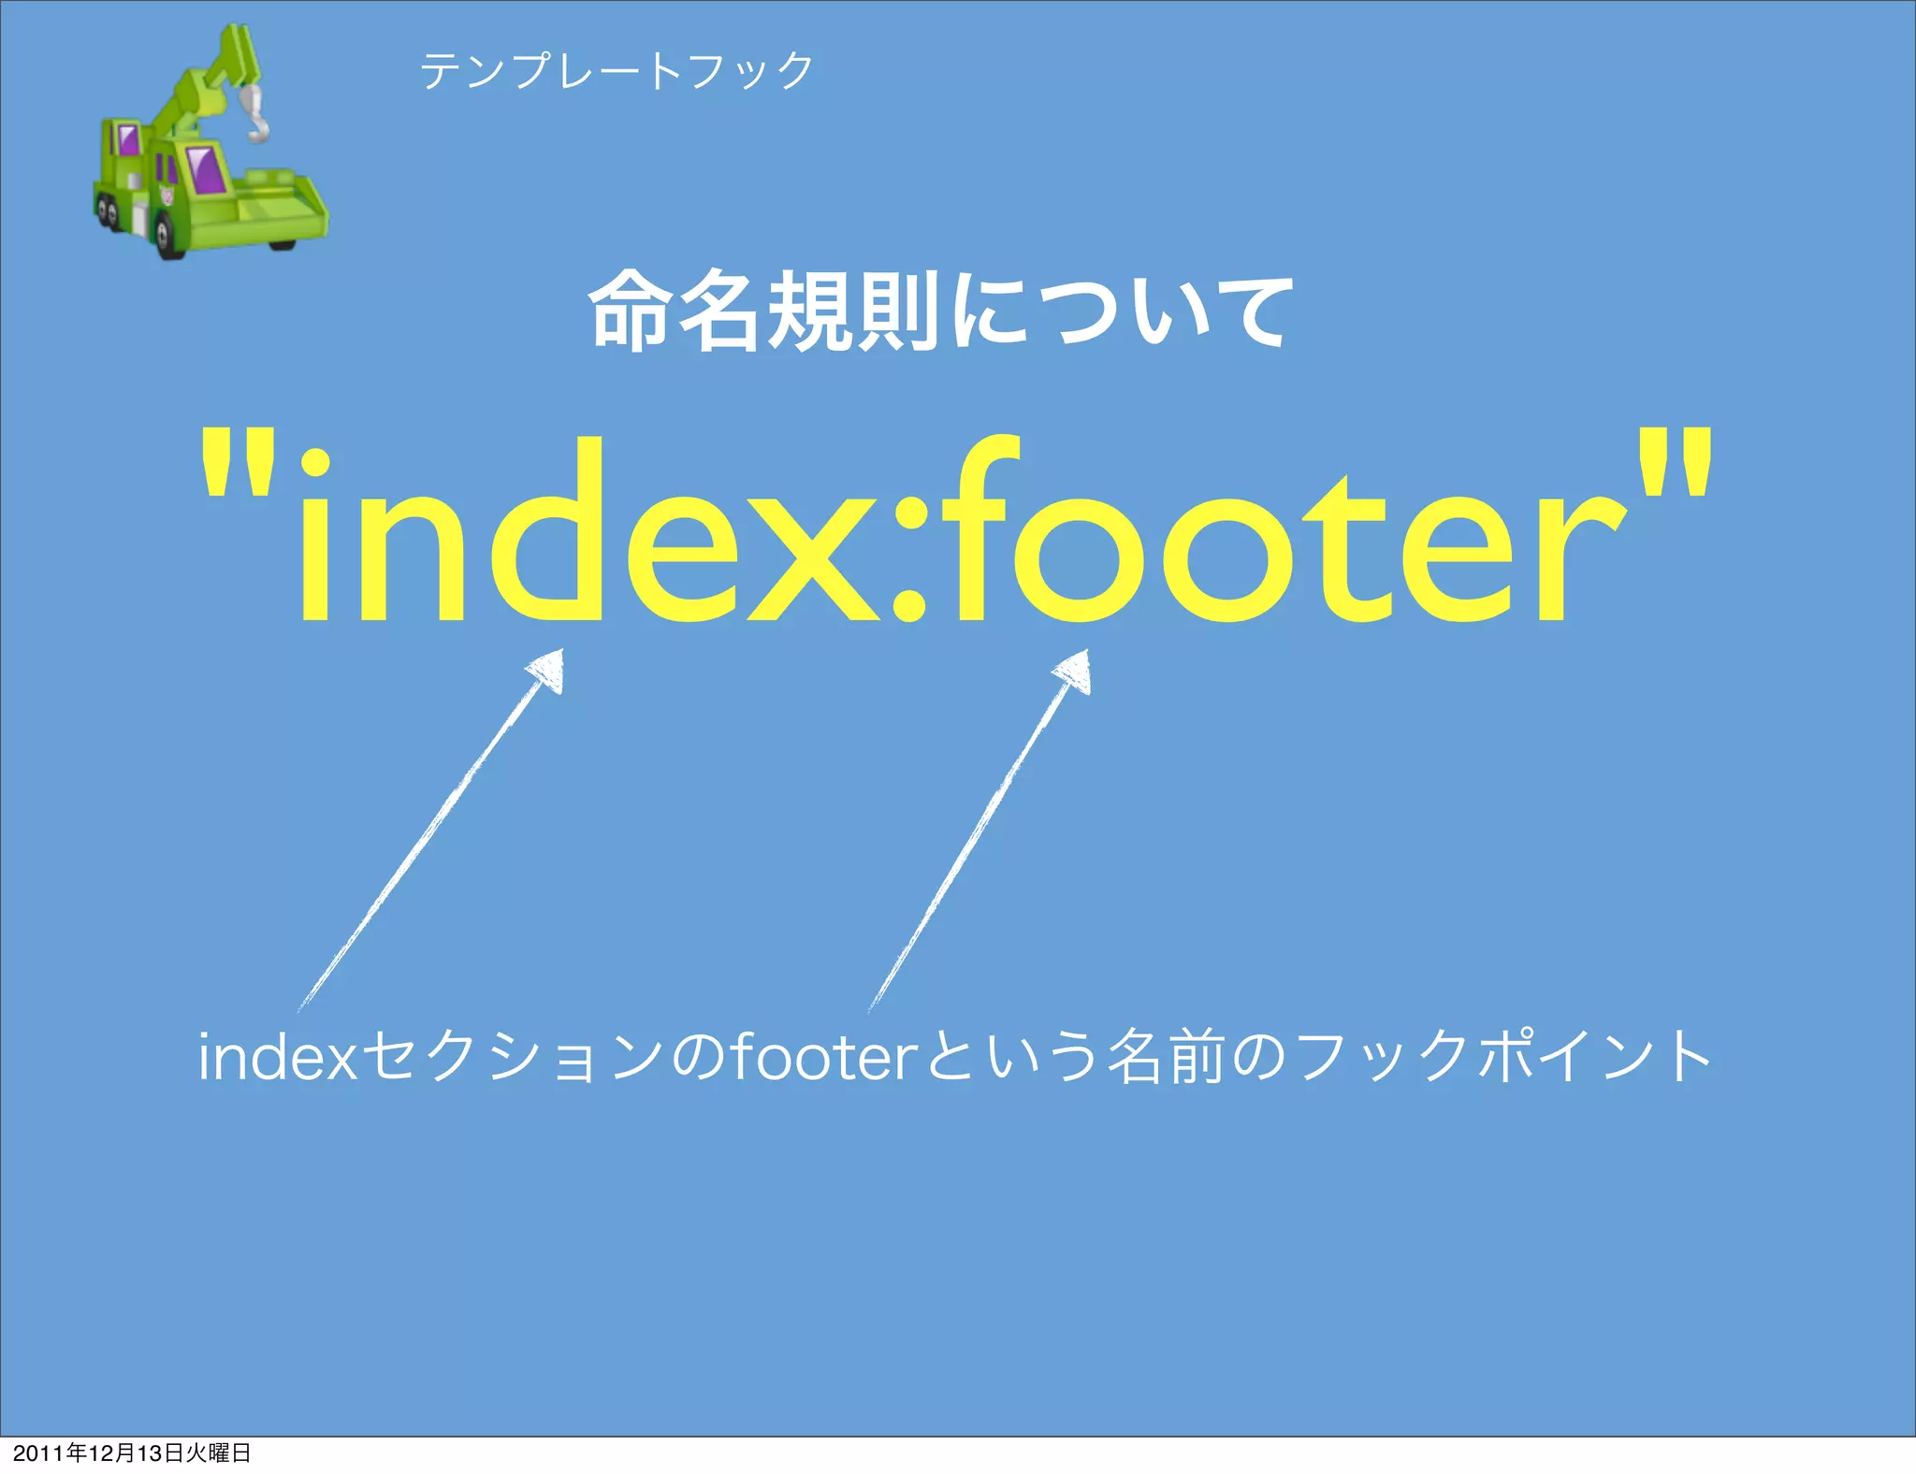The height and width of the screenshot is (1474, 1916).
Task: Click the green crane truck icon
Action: (x=210, y=150)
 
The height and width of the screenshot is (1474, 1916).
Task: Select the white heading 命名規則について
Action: (x=941, y=311)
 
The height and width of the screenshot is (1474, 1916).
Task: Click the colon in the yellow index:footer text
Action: (x=908, y=561)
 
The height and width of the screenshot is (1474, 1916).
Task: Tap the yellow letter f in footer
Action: (x=973, y=533)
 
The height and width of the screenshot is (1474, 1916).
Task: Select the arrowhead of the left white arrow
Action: (x=547, y=670)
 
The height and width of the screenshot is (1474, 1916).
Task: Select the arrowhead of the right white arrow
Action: (x=1074, y=671)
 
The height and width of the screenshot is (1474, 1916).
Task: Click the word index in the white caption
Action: (x=279, y=1057)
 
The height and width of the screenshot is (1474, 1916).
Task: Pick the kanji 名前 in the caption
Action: (x=1165, y=1057)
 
